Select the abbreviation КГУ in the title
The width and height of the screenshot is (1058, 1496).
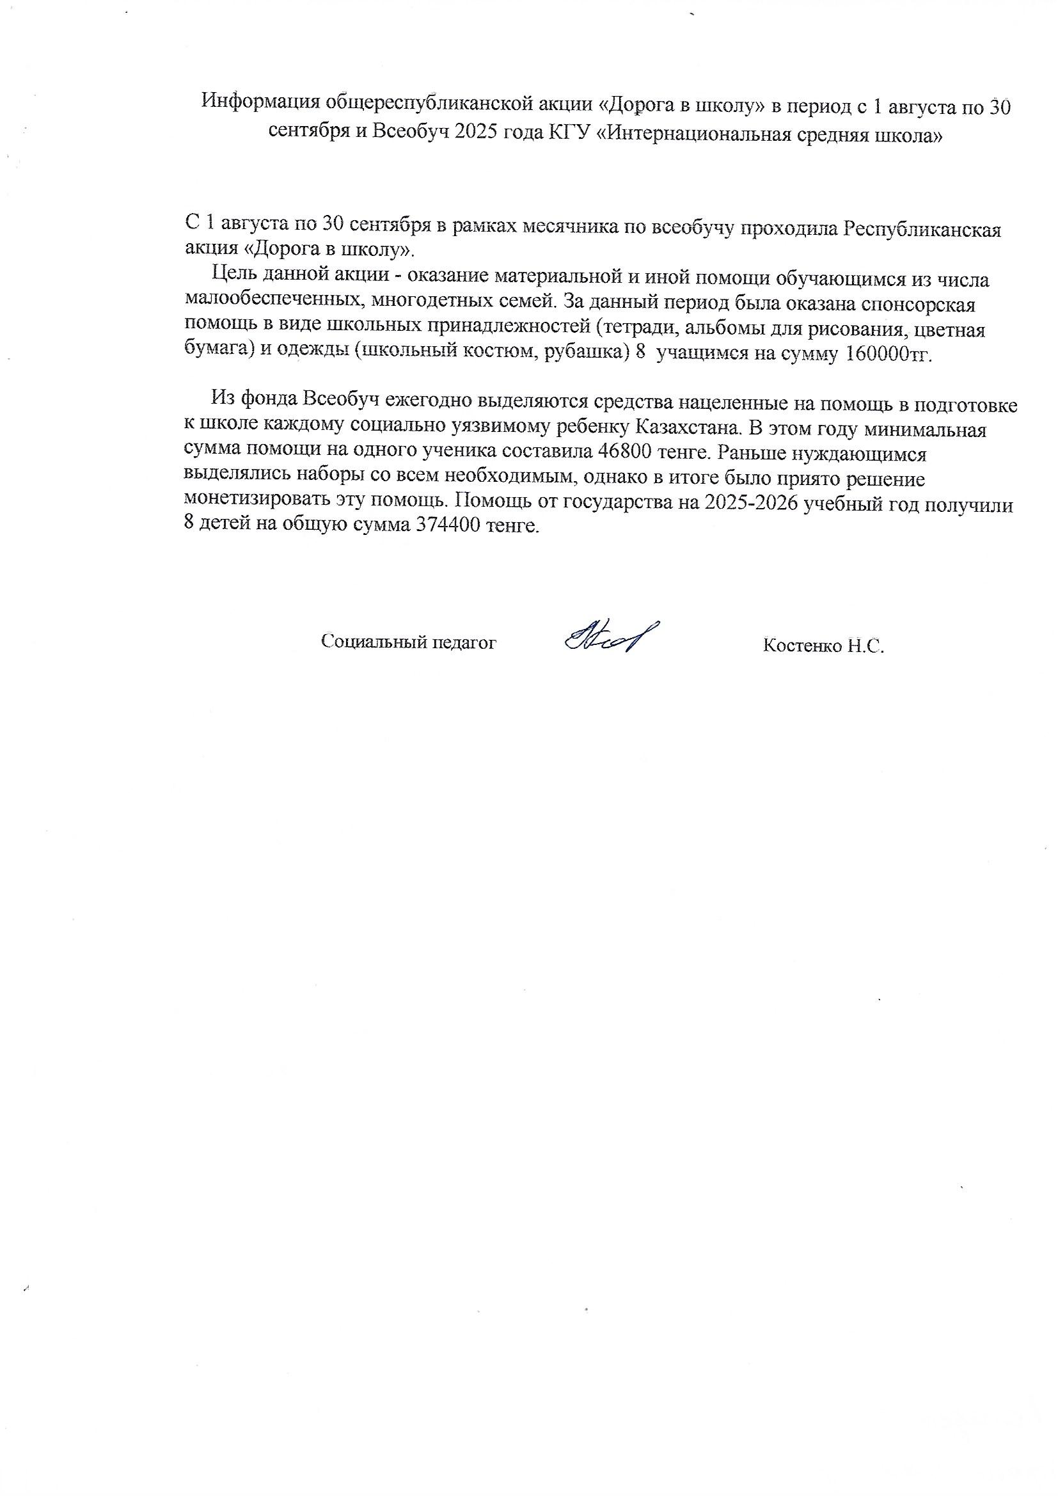572,135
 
